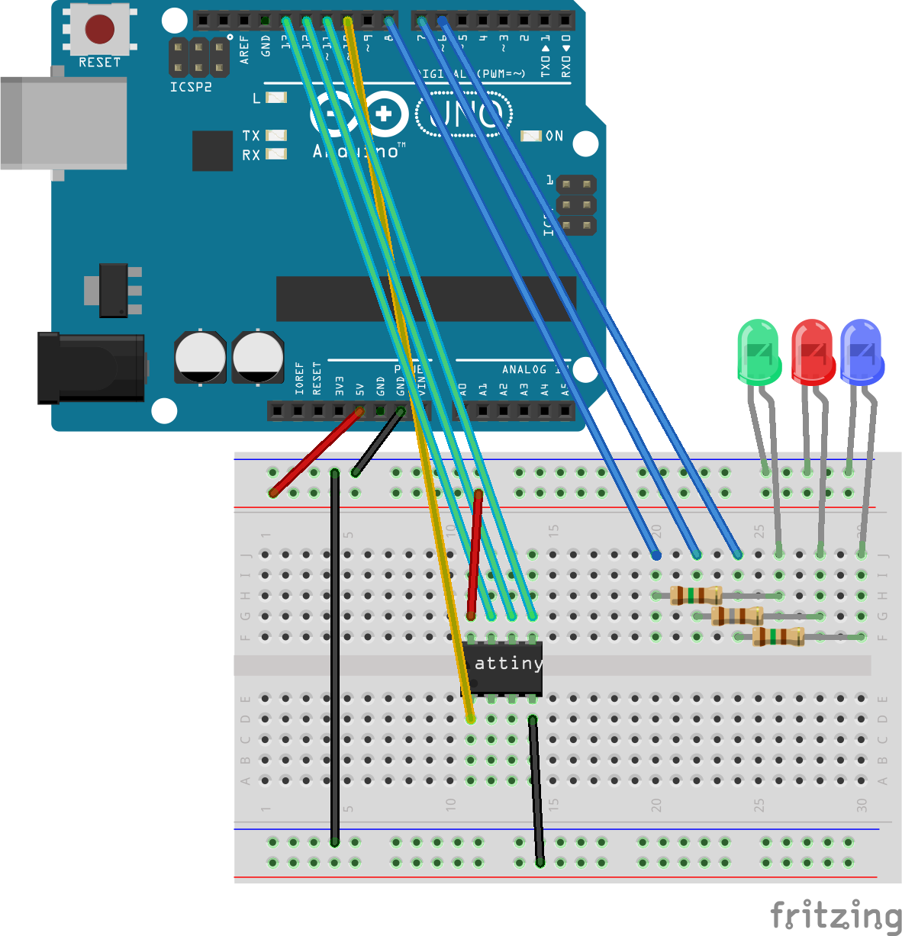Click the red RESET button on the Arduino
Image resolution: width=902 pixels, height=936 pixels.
(x=99, y=30)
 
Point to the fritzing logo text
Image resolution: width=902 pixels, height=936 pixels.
(x=836, y=915)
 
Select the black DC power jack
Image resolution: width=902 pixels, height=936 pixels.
(x=90, y=368)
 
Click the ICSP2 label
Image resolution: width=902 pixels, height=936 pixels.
(x=191, y=87)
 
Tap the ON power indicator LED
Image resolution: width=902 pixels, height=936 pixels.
(x=531, y=136)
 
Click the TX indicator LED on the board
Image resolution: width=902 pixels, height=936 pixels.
(x=275, y=136)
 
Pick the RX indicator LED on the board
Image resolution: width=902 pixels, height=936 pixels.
(x=275, y=154)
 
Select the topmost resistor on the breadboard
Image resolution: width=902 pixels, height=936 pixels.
(x=696, y=595)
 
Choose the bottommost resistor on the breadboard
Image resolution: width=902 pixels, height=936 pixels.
(x=778, y=636)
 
